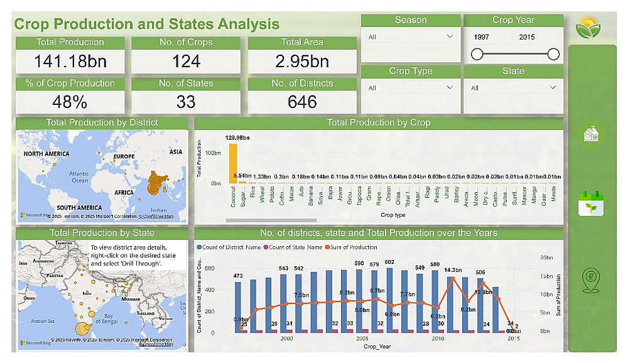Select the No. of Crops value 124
pos(186,62)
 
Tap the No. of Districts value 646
pos(302,102)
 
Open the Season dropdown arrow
pos(449,37)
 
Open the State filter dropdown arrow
pos(553,88)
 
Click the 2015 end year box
pos(538,37)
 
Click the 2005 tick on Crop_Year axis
pos(362,339)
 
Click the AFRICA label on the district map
pos(124,193)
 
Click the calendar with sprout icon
pos(591,204)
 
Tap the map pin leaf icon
pos(591,281)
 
